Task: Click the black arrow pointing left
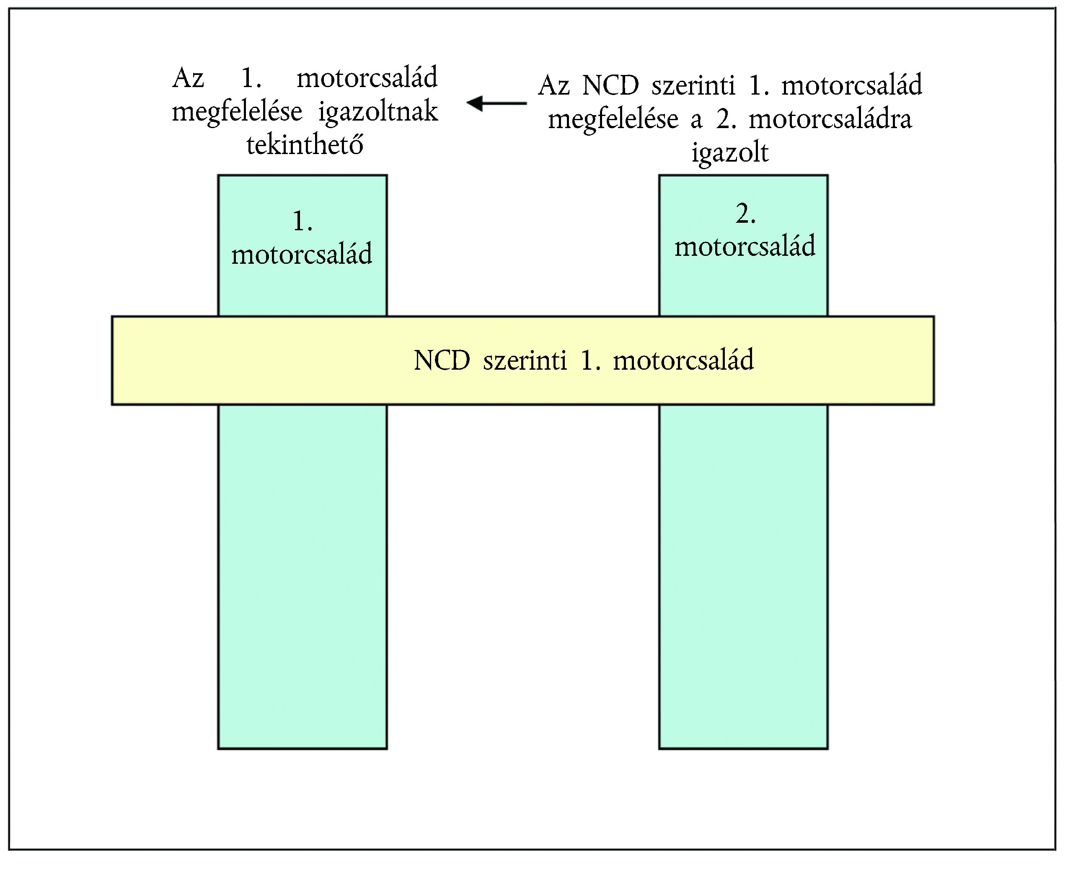click(496, 103)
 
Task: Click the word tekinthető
click(305, 144)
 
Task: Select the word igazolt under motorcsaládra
click(730, 153)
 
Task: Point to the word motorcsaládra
click(830, 119)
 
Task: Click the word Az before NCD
click(554, 86)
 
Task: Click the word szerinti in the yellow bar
click(525, 360)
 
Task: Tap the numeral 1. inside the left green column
click(303, 221)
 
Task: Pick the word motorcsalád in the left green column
click(302, 254)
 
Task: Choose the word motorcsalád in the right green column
click(745, 246)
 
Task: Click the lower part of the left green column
click(303, 577)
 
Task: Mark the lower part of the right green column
click(743, 577)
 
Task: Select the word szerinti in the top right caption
click(693, 86)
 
